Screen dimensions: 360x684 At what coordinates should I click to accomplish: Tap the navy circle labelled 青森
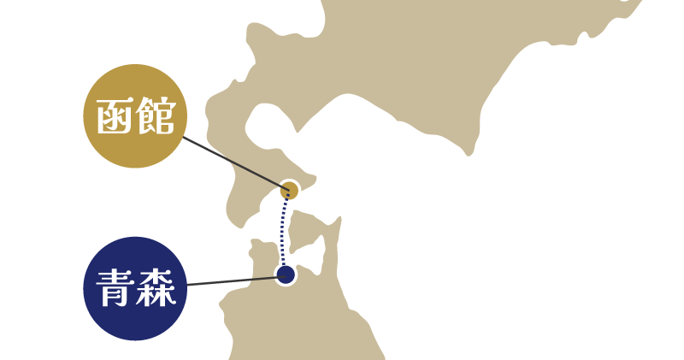pos(134,288)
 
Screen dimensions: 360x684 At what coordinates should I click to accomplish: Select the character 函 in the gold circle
pos(113,116)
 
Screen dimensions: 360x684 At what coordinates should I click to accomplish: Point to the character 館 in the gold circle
pos(156,116)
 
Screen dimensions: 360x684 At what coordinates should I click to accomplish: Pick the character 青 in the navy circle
pos(113,289)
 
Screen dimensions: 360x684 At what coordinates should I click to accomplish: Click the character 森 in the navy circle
pos(156,289)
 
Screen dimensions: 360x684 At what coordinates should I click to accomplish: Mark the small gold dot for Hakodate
pos(290,190)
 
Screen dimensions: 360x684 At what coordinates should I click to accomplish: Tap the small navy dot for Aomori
pos(286,274)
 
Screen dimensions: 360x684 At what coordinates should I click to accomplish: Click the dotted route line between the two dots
pos(284,233)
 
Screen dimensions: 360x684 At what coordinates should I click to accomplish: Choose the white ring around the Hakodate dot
pos(299,190)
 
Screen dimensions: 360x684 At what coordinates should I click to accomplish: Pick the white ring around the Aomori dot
pos(295,274)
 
